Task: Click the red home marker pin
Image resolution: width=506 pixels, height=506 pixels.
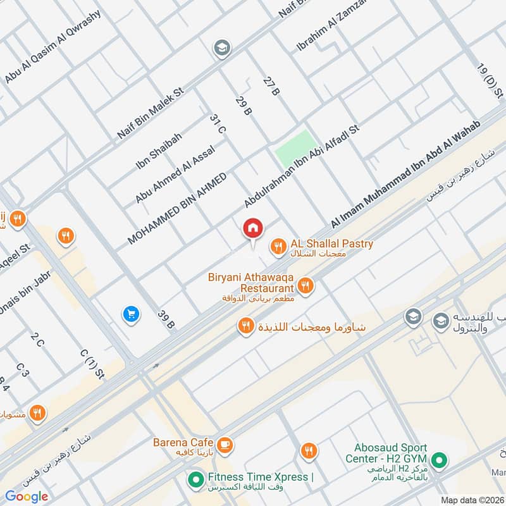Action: [253, 228]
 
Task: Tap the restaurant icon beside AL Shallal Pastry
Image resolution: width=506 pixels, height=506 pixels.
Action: [277, 247]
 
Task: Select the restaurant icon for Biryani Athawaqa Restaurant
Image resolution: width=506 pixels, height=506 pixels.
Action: [305, 286]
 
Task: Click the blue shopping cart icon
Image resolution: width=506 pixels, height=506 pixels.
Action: [131, 313]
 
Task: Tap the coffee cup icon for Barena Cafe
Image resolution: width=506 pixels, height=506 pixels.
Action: [225, 445]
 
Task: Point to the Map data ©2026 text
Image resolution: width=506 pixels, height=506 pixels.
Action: [471, 500]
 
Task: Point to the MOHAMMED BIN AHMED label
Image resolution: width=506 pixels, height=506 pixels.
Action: [176, 208]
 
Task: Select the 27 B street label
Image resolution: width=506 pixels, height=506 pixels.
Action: [271, 87]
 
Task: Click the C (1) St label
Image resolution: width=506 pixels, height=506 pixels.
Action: [92, 364]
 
